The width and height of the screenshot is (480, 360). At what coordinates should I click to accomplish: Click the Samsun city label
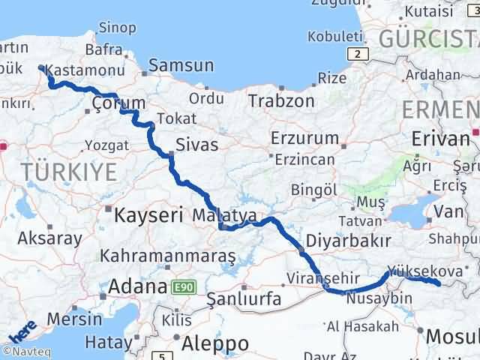pos(181,66)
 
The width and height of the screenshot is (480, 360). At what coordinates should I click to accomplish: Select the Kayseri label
pos(148,215)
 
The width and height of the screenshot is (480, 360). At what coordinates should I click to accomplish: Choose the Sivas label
pos(196,144)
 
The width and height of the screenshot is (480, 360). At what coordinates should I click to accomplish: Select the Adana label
pos(139,286)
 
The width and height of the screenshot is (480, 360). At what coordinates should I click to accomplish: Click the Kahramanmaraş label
pos(168,256)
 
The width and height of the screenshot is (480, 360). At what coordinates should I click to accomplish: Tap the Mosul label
pos(453,337)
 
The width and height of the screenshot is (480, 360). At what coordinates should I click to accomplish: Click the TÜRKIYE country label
pos(69,172)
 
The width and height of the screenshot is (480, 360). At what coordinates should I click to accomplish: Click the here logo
pos(22,331)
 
